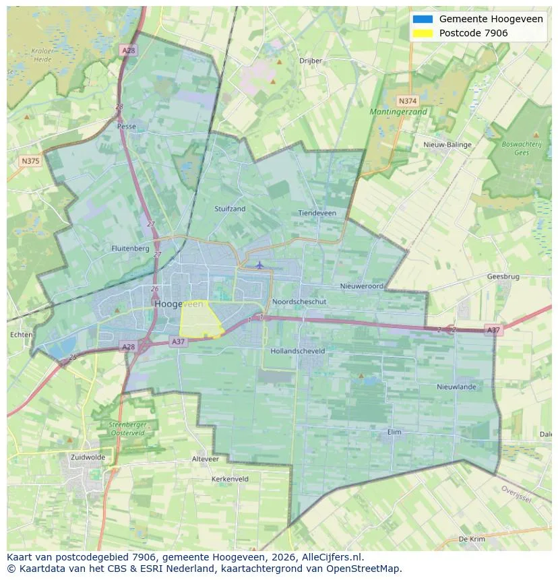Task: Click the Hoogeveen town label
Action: click(179, 304)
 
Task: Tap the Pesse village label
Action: click(126, 127)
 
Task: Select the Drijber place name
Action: click(311, 61)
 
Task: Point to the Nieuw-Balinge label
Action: click(447, 145)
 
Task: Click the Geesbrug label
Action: click(503, 277)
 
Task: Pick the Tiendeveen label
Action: click(317, 213)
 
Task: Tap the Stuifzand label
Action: click(230, 209)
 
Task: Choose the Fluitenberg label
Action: click(130, 249)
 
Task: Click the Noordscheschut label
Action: click(299, 302)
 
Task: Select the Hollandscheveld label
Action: click(297, 351)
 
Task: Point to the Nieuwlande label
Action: click(456, 387)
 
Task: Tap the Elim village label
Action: click(395, 432)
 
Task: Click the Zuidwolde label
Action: click(88, 457)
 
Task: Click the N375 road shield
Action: click(30, 161)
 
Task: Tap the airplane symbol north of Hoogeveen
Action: click(259, 264)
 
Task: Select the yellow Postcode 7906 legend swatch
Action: click(423, 33)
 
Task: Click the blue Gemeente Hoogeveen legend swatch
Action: click(423, 19)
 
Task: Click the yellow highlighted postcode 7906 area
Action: click(200, 320)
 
